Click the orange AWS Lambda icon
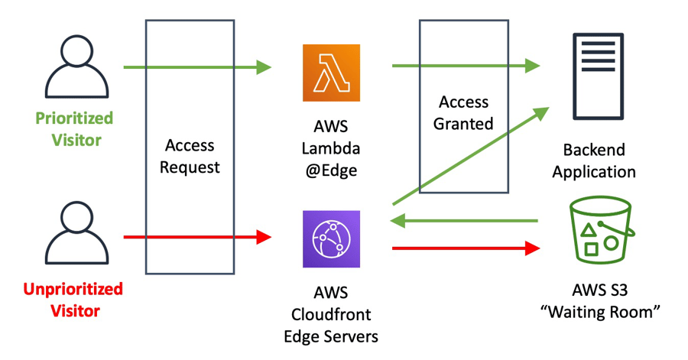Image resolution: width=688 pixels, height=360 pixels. coord(330,73)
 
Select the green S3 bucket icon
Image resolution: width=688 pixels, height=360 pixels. coord(600,232)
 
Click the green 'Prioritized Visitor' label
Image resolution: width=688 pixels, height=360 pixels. coord(73,129)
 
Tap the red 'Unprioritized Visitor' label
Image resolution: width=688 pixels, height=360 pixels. coord(73,300)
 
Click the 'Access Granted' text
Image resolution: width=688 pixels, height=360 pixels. coord(463,112)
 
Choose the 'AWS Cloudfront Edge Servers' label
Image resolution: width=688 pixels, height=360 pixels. coord(330,314)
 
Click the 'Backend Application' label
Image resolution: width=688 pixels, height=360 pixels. coord(594,161)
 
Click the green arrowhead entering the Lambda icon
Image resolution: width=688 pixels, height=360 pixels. coord(264,67)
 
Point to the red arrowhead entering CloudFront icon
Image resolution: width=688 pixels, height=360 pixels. coord(264,237)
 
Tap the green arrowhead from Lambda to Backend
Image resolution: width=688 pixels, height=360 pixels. coord(532,66)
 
